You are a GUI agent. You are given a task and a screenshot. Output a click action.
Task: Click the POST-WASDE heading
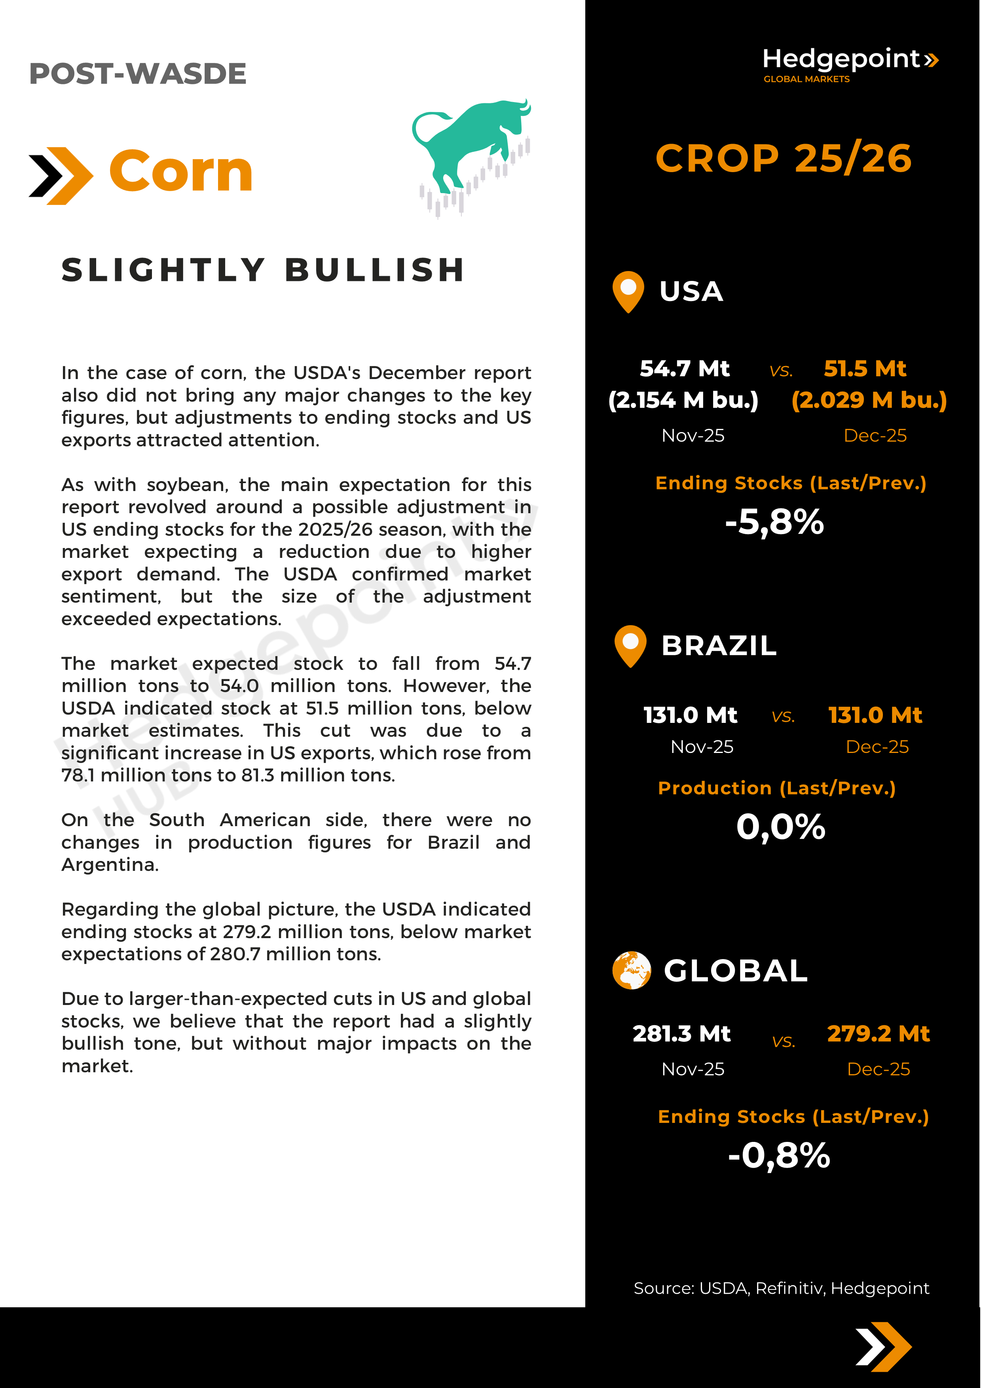pyautogui.click(x=138, y=74)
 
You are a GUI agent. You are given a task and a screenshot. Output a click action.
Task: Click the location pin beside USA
pyautogui.click(x=628, y=291)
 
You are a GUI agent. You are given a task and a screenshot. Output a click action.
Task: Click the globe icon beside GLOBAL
pyautogui.click(x=631, y=970)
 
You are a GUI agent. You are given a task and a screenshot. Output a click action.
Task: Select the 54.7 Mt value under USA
pyautogui.click(x=684, y=368)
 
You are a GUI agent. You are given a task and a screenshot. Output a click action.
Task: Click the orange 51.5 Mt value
pyautogui.click(x=865, y=368)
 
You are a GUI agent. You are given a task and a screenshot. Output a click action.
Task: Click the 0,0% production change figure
pyautogui.click(x=780, y=827)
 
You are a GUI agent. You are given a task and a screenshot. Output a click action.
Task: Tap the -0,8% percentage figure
pyautogui.click(x=779, y=1155)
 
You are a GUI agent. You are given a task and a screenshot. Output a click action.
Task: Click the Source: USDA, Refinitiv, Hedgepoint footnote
pyautogui.click(x=781, y=1288)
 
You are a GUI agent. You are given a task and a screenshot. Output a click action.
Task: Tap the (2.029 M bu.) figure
pyautogui.click(x=869, y=400)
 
